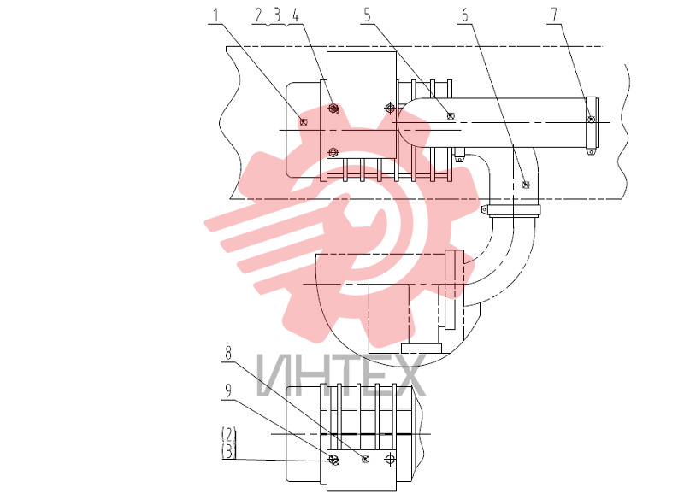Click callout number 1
[x=215, y=16]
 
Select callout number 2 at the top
[x=258, y=15]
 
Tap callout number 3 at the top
[x=277, y=15]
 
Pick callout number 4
[x=295, y=15]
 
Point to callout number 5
[x=368, y=15]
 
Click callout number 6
[x=465, y=15]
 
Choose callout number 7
[x=554, y=15]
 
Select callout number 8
[x=228, y=353]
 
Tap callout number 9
[x=227, y=391]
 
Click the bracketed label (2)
[x=229, y=435]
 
